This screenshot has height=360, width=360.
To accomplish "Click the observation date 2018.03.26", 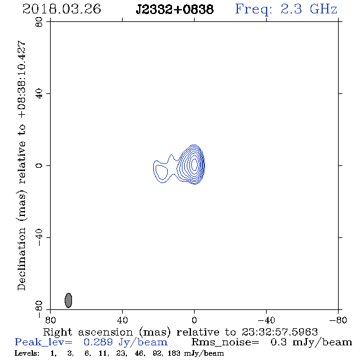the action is [x=62, y=9].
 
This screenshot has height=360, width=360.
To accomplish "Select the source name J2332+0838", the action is [x=175, y=10].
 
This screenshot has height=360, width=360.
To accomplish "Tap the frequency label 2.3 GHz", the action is [x=309, y=9].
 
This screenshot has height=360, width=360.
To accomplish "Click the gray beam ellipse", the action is [x=68, y=300].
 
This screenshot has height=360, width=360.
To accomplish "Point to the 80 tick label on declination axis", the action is [x=39, y=22].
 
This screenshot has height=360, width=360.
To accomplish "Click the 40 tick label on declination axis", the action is [x=39, y=94].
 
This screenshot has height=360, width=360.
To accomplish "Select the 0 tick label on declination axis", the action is [x=39, y=165].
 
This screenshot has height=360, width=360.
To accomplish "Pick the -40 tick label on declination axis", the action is [x=39, y=237].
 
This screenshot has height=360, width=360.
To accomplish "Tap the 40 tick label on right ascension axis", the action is [x=122, y=320].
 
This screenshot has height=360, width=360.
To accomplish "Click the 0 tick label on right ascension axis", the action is [x=194, y=320].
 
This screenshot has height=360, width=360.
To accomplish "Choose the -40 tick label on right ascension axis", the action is [x=266, y=320].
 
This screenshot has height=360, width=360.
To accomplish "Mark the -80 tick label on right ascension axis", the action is [x=338, y=320].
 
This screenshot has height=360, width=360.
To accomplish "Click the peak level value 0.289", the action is [x=98, y=342].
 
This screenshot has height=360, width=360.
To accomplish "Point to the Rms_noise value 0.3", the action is [x=278, y=342].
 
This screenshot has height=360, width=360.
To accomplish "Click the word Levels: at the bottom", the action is [x=27, y=353].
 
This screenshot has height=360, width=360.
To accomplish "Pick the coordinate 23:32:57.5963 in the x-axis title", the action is [x=279, y=332].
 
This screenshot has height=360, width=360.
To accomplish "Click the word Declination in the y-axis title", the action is [x=21, y=259].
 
